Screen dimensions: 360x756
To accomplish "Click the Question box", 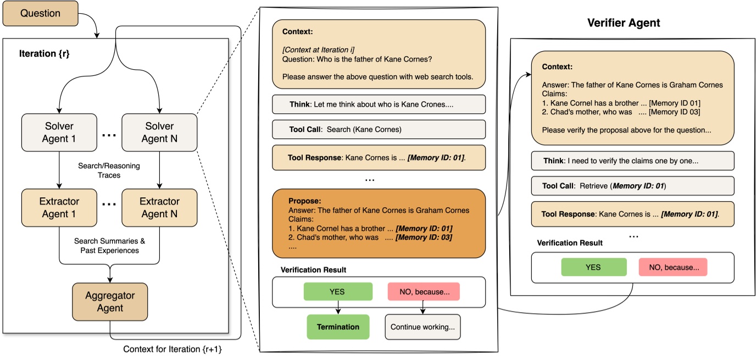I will click(x=40, y=13).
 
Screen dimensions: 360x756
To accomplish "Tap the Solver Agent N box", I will click(x=159, y=132).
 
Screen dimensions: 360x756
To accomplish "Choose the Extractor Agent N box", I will click(x=159, y=208).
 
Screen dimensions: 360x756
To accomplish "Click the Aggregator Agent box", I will click(x=110, y=301).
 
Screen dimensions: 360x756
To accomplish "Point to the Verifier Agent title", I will click(x=624, y=23).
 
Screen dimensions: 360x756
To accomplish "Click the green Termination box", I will click(x=337, y=326).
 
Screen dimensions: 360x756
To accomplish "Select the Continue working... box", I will click(x=423, y=326).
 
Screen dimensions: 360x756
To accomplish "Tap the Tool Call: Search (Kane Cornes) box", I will click(x=379, y=130).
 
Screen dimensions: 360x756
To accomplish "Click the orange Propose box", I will click(x=379, y=223).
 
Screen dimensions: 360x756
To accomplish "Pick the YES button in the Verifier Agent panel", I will click(x=593, y=267).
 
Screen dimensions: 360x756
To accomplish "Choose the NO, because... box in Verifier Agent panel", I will click(x=672, y=267).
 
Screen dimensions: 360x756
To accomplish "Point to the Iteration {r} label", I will click(x=45, y=54).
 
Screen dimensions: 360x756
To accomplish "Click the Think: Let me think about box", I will click(x=379, y=104).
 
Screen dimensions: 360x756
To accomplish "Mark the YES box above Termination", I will click(x=338, y=292).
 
